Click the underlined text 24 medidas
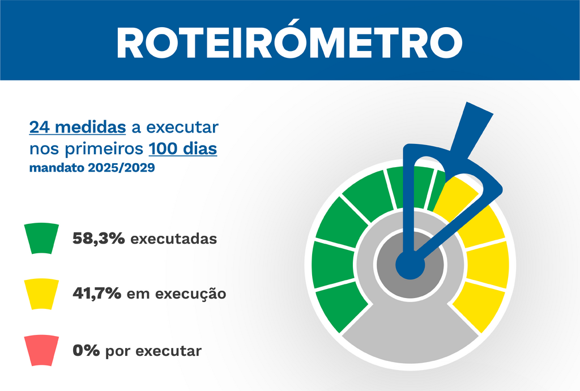(x=78, y=127)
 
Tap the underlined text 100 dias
(x=183, y=148)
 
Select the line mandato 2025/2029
(x=92, y=168)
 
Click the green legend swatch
(x=41, y=238)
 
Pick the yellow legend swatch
(x=41, y=294)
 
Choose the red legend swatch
(x=41, y=350)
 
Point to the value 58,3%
(x=99, y=239)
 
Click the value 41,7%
(x=97, y=294)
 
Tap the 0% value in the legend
(x=86, y=350)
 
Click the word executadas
(x=173, y=239)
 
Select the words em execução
(x=177, y=294)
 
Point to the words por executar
(x=153, y=351)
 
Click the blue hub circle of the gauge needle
(x=410, y=265)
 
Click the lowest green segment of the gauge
(x=340, y=309)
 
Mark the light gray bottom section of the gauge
(x=410, y=333)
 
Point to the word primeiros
(x=104, y=150)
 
